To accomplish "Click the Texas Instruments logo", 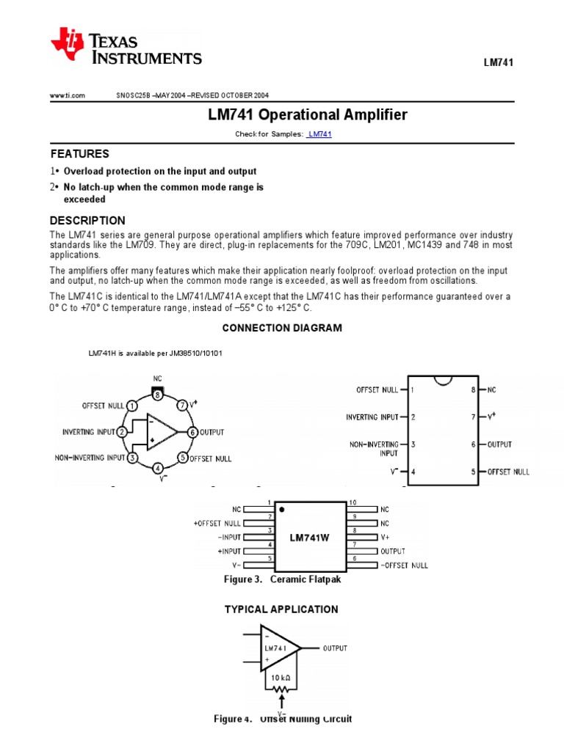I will click(x=126, y=46).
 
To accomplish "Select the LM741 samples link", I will click(x=319, y=134).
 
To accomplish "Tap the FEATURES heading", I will click(x=79, y=154).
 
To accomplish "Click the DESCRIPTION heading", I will click(x=87, y=221).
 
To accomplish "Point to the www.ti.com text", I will click(x=68, y=95).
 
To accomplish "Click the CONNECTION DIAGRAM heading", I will click(x=282, y=328).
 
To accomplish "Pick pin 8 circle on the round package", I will click(x=157, y=394).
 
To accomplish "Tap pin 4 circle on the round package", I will click(x=158, y=467).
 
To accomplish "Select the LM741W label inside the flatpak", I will click(x=309, y=538).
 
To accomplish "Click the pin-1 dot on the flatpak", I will click(x=282, y=509).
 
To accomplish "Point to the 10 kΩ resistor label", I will click(x=281, y=678).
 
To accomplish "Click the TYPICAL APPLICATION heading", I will click(x=281, y=609).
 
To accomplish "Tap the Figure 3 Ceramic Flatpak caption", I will click(x=282, y=579).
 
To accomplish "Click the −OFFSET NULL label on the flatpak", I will click(x=404, y=565).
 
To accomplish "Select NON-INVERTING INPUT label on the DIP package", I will click(x=374, y=449).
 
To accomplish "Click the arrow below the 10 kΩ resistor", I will click(x=281, y=701).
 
